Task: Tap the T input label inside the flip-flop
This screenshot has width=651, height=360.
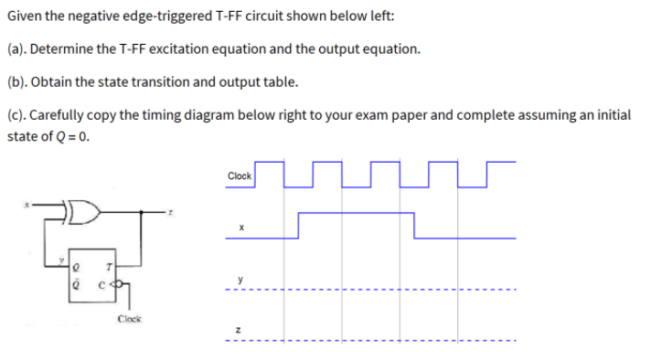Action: [109, 268]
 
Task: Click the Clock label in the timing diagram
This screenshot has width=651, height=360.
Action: [240, 175]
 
